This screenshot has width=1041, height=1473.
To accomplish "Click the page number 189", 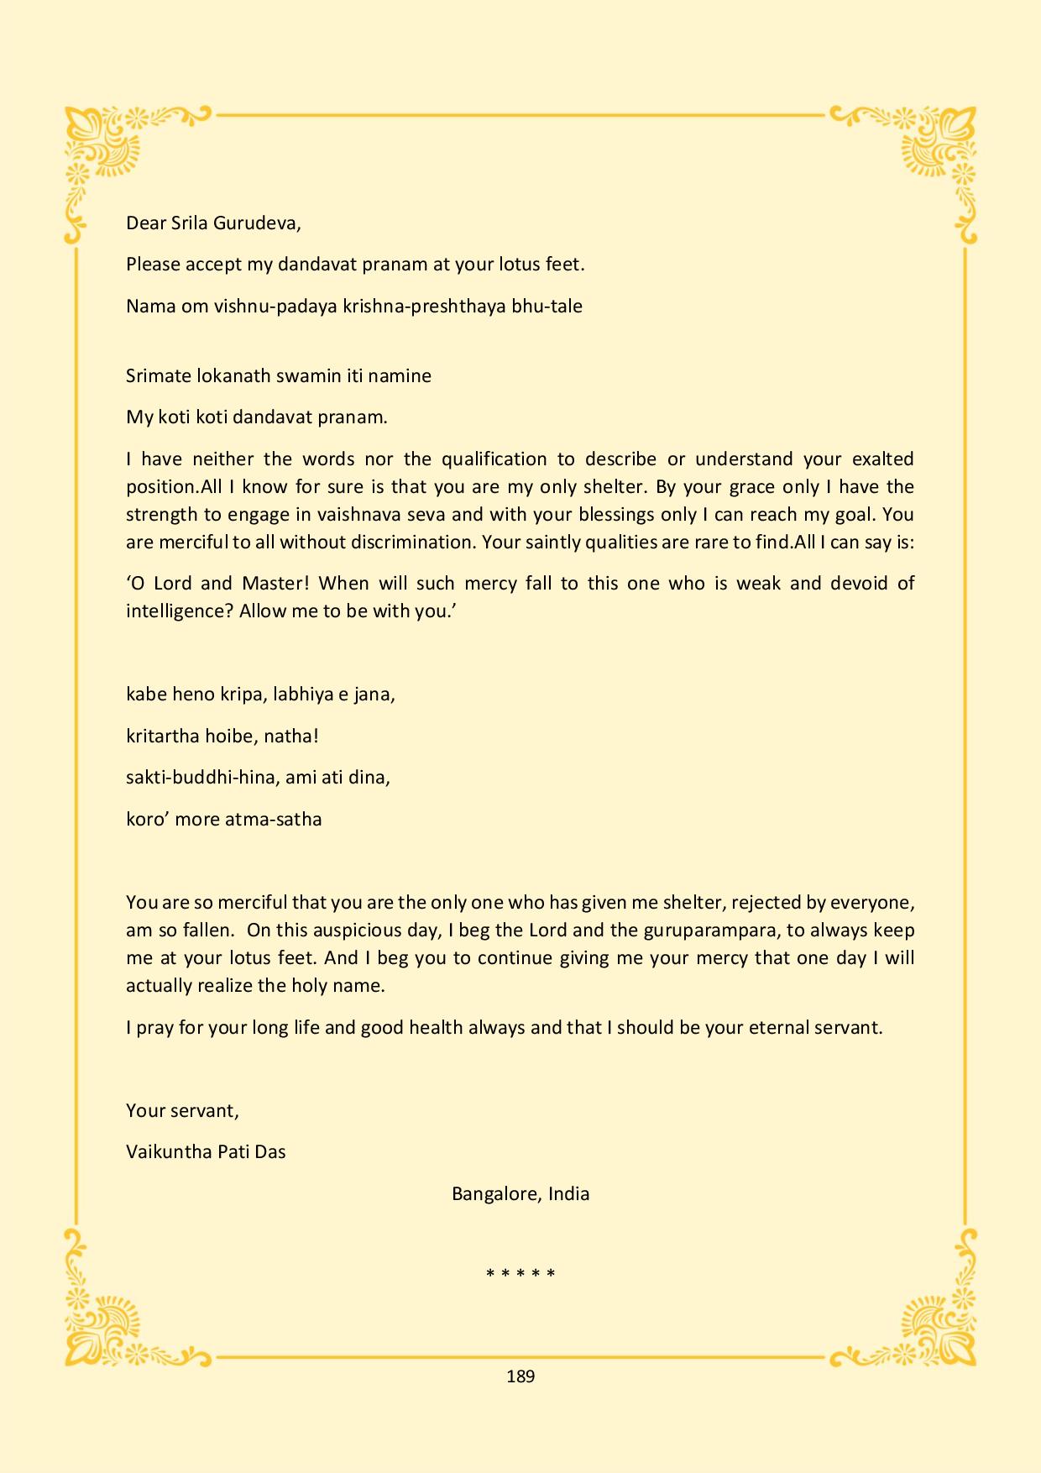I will point(520,1376).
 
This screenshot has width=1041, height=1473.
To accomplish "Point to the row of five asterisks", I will point(520,1274).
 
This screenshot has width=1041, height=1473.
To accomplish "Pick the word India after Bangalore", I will point(568,1193).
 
